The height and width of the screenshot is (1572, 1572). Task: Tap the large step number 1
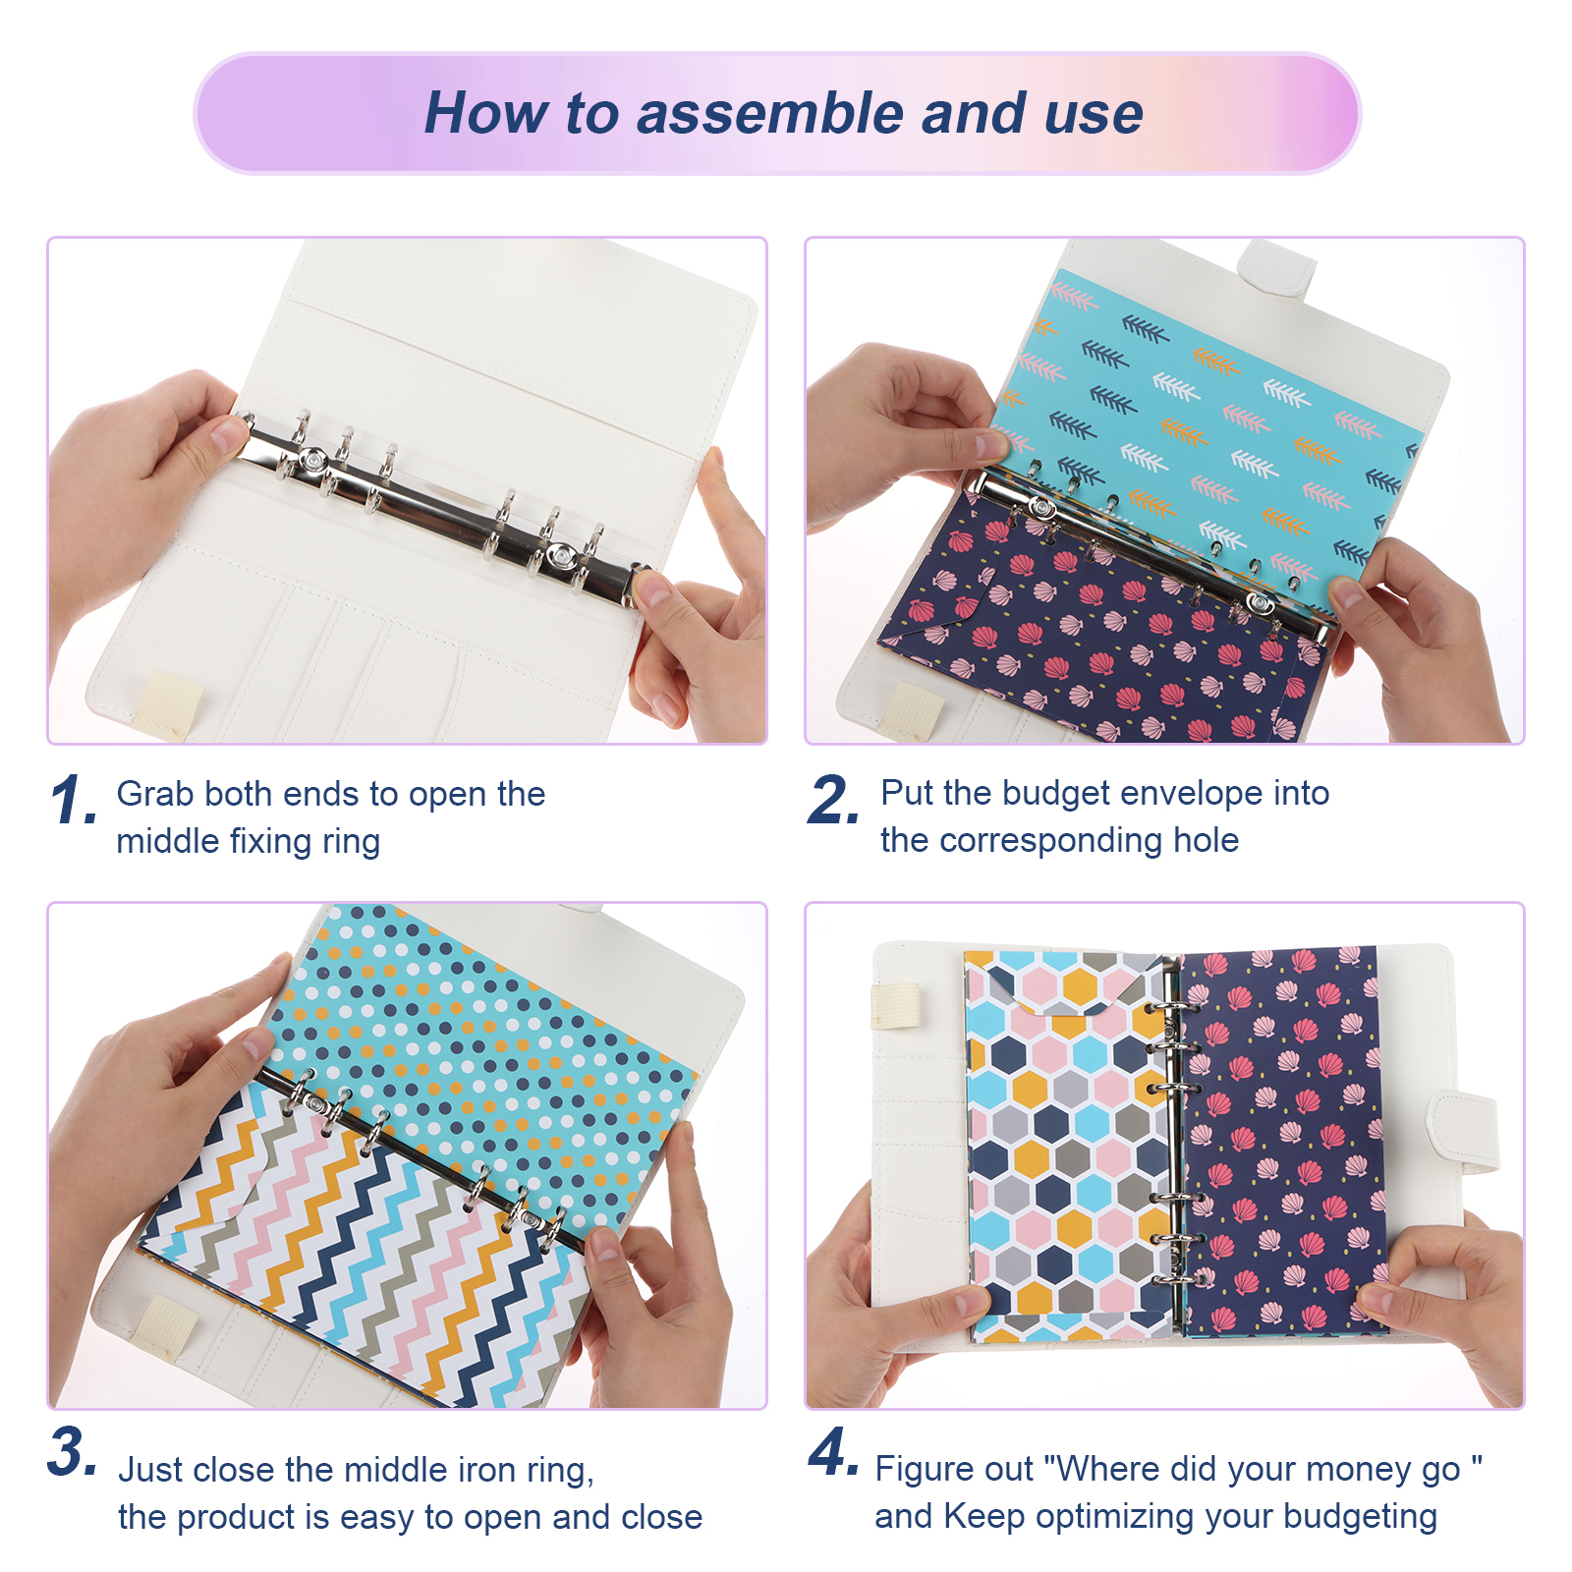(74, 800)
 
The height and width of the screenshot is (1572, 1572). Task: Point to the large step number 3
(73, 1451)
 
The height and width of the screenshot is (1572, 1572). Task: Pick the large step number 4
(834, 1451)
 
